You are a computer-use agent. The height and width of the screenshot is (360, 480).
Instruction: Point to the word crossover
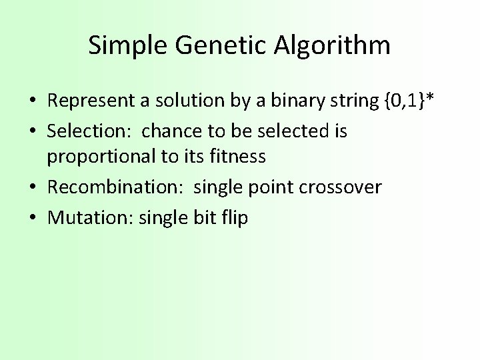(x=340, y=187)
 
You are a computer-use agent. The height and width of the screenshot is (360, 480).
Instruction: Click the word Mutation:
(x=91, y=217)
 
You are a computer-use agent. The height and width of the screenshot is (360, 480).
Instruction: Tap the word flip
(x=233, y=217)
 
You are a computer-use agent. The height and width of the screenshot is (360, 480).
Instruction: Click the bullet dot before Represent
(x=32, y=102)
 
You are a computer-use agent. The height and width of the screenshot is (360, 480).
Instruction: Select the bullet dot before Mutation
(x=32, y=218)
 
